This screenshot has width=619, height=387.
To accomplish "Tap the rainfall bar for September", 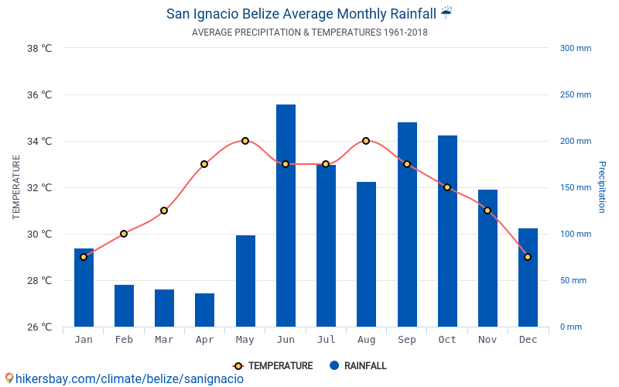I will pyautogui.click(x=407, y=224).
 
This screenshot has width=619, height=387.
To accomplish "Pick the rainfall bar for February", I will pyautogui.click(x=124, y=306).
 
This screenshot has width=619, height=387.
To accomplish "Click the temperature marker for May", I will pyautogui.click(x=245, y=141).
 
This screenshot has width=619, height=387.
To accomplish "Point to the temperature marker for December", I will pyautogui.click(x=528, y=257).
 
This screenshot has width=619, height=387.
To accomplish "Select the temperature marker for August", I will pyautogui.click(x=366, y=141).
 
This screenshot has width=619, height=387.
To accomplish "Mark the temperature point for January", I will pyautogui.click(x=84, y=257).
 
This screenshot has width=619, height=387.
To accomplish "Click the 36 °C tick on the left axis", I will pyautogui.click(x=39, y=94).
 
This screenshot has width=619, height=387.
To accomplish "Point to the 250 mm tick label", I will pyautogui.click(x=575, y=94).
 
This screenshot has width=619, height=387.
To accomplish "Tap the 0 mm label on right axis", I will pyautogui.click(x=570, y=327).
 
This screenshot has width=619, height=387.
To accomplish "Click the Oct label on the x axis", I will pyautogui.click(x=447, y=340).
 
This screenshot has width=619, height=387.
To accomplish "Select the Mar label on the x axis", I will pyautogui.click(x=164, y=340).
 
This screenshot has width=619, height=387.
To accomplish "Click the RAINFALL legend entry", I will pyautogui.click(x=357, y=365).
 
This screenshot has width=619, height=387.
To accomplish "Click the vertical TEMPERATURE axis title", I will pyautogui.click(x=16, y=187).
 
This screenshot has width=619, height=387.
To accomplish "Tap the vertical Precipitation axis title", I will pyautogui.click(x=601, y=187).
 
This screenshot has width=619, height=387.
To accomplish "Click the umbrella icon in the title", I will pyautogui.click(x=446, y=13).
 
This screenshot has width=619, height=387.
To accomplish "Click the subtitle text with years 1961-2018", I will pyautogui.click(x=309, y=33).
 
